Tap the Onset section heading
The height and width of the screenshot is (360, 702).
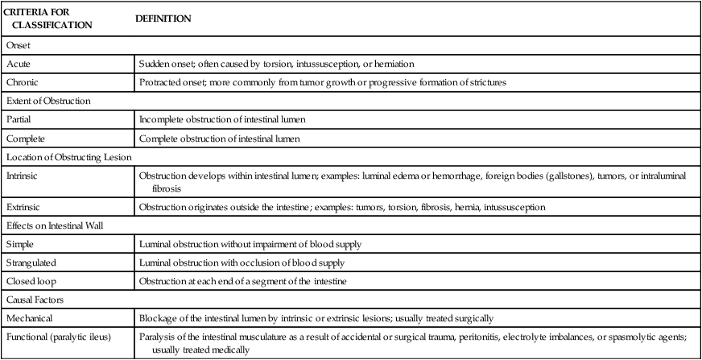click(x=19, y=46)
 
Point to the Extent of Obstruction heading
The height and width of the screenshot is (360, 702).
click(x=47, y=101)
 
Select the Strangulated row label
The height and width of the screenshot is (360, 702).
click(x=31, y=262)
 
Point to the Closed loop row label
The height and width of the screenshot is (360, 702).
click(x=29, y=280)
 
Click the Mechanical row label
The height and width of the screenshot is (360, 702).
click(x=29, y=317)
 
